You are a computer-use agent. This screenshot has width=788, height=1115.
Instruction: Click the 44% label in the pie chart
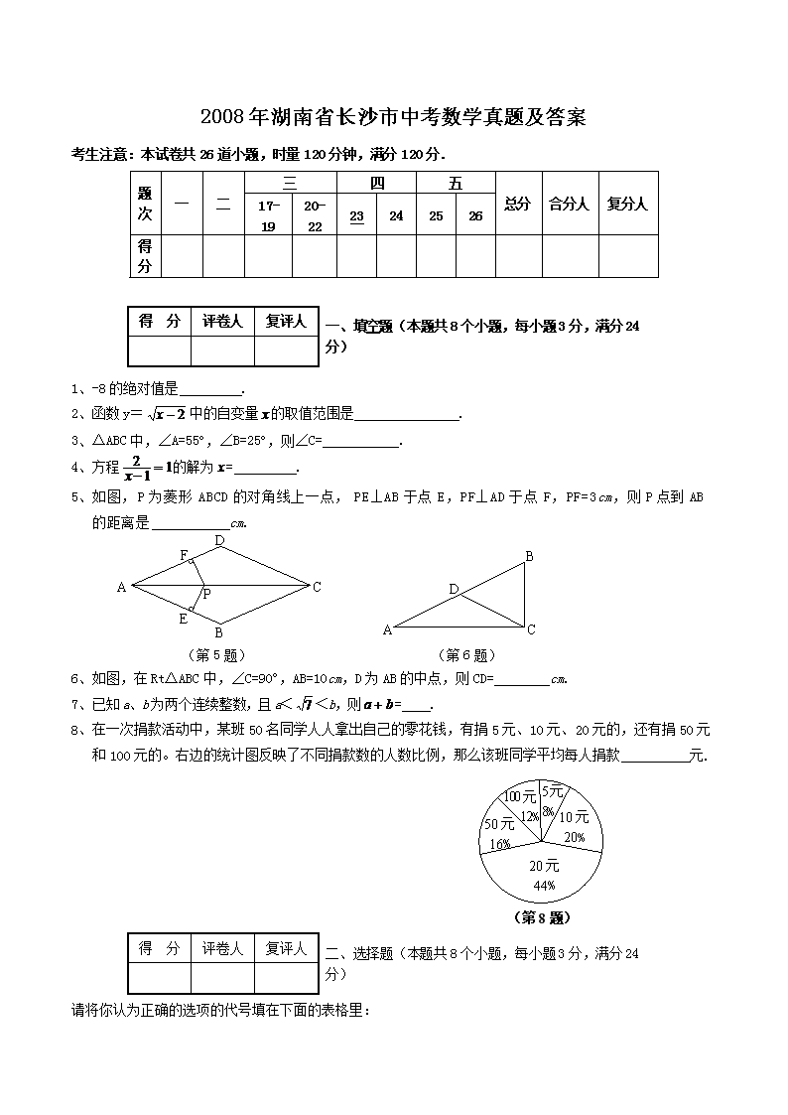point(543,885)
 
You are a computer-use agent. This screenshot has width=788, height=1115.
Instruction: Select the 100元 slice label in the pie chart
point(518,796)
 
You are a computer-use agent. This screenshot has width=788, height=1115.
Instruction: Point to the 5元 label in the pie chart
point(552,791)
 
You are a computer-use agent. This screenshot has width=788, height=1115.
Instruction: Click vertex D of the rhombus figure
point(219,541)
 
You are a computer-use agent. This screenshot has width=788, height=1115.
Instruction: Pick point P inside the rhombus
point(206,594)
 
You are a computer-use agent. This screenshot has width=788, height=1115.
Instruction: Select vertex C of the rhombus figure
point(317,587)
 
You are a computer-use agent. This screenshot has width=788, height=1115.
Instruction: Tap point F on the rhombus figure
point(184,554)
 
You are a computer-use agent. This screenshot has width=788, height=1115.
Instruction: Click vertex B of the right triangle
point(530,557)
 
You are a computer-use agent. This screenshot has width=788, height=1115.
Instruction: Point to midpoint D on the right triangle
point(454,590)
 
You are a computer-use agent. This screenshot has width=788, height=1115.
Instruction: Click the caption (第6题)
point(465,655)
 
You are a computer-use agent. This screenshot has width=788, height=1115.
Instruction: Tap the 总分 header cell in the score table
point(517,204)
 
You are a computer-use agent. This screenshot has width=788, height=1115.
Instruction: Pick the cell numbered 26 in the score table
point(475,216)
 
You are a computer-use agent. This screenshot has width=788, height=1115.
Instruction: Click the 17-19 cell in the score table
point(268,215)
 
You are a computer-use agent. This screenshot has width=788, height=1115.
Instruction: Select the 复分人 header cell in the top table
point(627,204)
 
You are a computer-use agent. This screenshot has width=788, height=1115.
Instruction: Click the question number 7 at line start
point(74,705)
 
